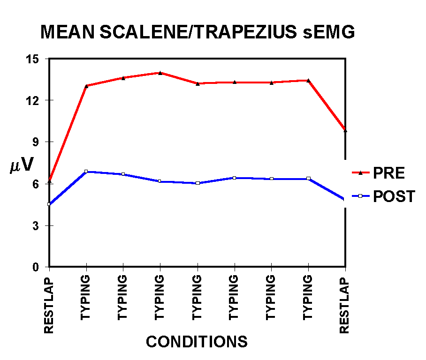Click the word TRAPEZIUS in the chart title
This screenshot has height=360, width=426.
click(x=245, y=32)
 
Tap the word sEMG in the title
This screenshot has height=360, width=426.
click(x=329, y=32)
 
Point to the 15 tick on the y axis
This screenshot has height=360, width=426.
click(x=32, y=59)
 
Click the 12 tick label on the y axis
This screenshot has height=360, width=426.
click(x=32, y=101)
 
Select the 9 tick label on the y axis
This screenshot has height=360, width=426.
click(x=36, y=142)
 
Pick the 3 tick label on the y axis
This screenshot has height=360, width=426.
click(x=36, y=226)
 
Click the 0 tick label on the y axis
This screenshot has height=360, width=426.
click(x=36, y=267)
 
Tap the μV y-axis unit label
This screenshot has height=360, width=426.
click(x=22, y=165)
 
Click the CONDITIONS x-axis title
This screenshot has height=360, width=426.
click(x=197, y=342)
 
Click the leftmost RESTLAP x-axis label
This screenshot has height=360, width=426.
click(x=49, y=306)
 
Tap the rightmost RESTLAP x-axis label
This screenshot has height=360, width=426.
click(x=344, y=306)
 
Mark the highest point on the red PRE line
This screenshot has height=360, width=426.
click(x=160, y=73)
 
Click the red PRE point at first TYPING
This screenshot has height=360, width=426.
click(x=86, y=86)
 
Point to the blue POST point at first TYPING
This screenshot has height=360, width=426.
click(x=86, y=171)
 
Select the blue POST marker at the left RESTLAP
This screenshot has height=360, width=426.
click(x=49, y=204)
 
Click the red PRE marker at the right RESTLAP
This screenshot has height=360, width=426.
click(x=345, y=130)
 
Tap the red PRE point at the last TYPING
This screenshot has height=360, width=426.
click(x=308, y=80)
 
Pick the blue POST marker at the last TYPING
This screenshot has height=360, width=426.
click(x=308, y=179)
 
